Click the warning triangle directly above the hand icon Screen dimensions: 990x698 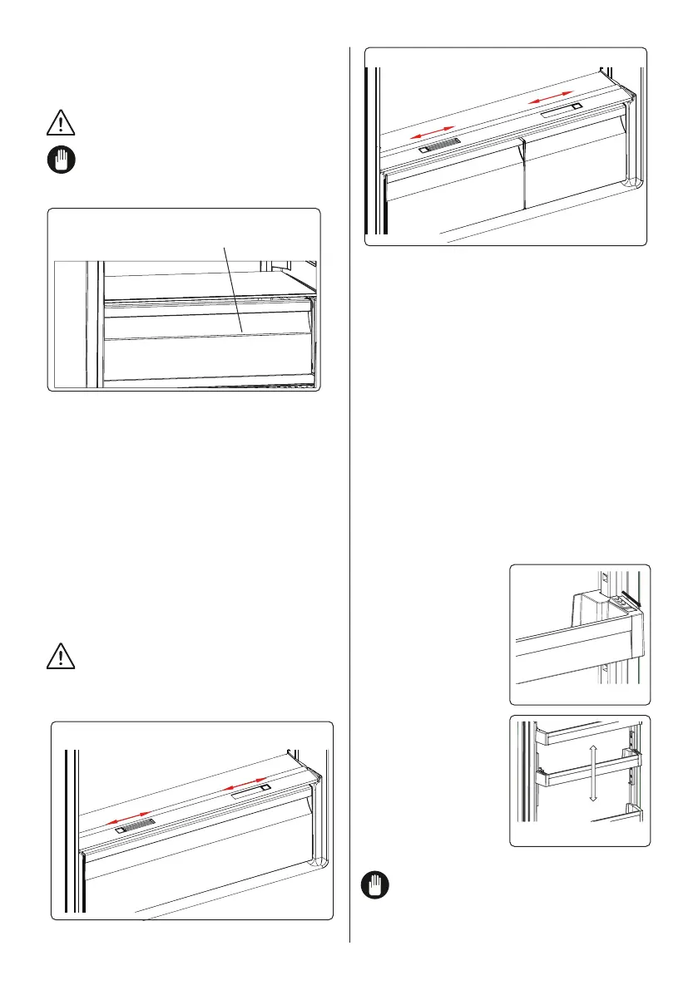click(60, 124)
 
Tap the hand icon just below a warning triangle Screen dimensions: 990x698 click(60, 160)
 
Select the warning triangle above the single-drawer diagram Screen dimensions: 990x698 click(60, 657)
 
